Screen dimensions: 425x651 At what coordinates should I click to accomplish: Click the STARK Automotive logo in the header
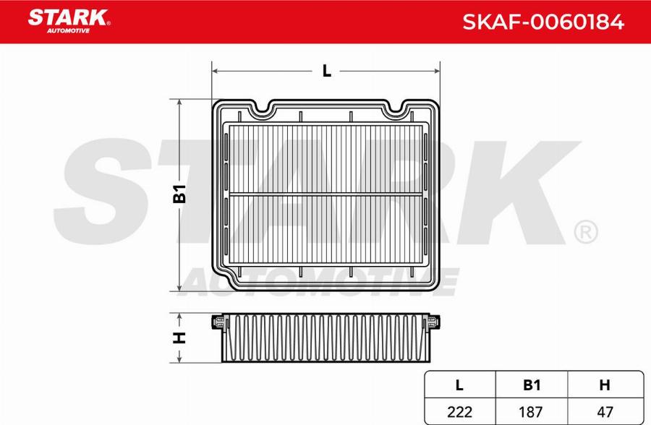[x=69, y=20]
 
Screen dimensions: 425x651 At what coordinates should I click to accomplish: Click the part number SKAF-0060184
[x=542, y=22]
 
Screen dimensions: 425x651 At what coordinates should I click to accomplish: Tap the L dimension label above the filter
[x=326, y=71]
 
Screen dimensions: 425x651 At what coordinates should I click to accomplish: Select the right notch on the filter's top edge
[x=397, y=111]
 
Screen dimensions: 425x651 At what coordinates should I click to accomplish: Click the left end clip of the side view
[x=218, y=323]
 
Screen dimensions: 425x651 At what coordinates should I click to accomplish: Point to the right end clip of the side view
[x=433, y=323]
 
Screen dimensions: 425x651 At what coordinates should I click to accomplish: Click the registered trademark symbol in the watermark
[x=584, y=231]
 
